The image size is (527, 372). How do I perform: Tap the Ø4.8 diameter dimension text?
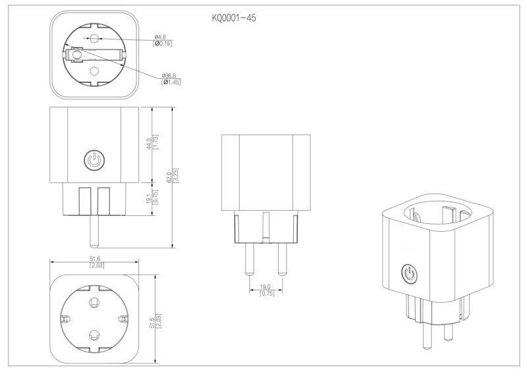point(159,36)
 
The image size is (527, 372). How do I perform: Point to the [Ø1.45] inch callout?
point(170,82)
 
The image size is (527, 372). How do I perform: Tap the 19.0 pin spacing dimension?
point(266,287)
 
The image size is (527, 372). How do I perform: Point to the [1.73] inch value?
point(157,143)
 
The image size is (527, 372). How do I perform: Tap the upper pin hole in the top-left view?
point(94,39)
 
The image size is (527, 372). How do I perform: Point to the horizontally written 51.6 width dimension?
point(95,259)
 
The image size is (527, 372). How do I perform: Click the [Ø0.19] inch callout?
point(163,43)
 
